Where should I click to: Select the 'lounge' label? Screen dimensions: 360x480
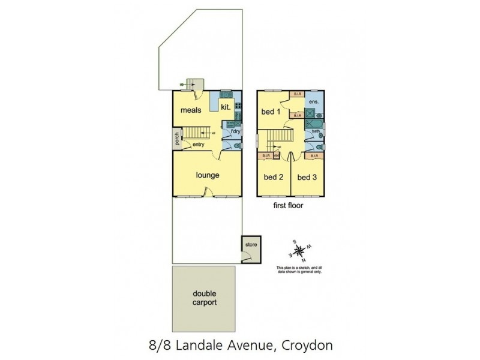[x=207, y=175]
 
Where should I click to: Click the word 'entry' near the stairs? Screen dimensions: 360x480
[x=199, y=144]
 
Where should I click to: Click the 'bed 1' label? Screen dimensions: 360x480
[x=271, y=112]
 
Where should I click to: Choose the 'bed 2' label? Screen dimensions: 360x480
[x=273, y=177]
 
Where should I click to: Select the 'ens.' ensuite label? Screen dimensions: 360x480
[x=313, y=102]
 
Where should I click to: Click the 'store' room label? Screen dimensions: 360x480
[x=250, y=244]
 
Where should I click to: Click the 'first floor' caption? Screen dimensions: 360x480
[x=287, y=205]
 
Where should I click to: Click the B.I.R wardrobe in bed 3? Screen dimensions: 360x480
[x=312, y=157]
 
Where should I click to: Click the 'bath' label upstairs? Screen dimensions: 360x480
[x=315, y=131]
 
